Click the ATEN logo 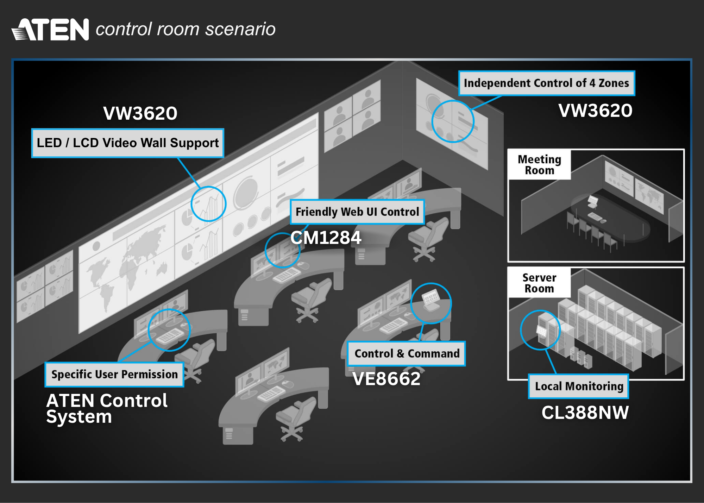point(50,30)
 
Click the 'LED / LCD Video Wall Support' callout point(127,143)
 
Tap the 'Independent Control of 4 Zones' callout point(546,83)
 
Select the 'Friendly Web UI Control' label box point(357,212)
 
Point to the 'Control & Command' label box point(407,353)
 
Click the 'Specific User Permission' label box point(114,374)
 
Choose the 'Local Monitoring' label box point(579,386)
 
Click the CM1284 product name point(326,238)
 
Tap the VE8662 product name point(386,379)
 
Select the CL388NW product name point(585,413)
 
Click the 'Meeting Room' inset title point(539,165)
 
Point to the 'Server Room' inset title point(539,283)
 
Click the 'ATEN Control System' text point(107,408)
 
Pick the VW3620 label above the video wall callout point(140,113)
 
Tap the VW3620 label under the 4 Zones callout point(595,111)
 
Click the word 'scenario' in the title point(240,29)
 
